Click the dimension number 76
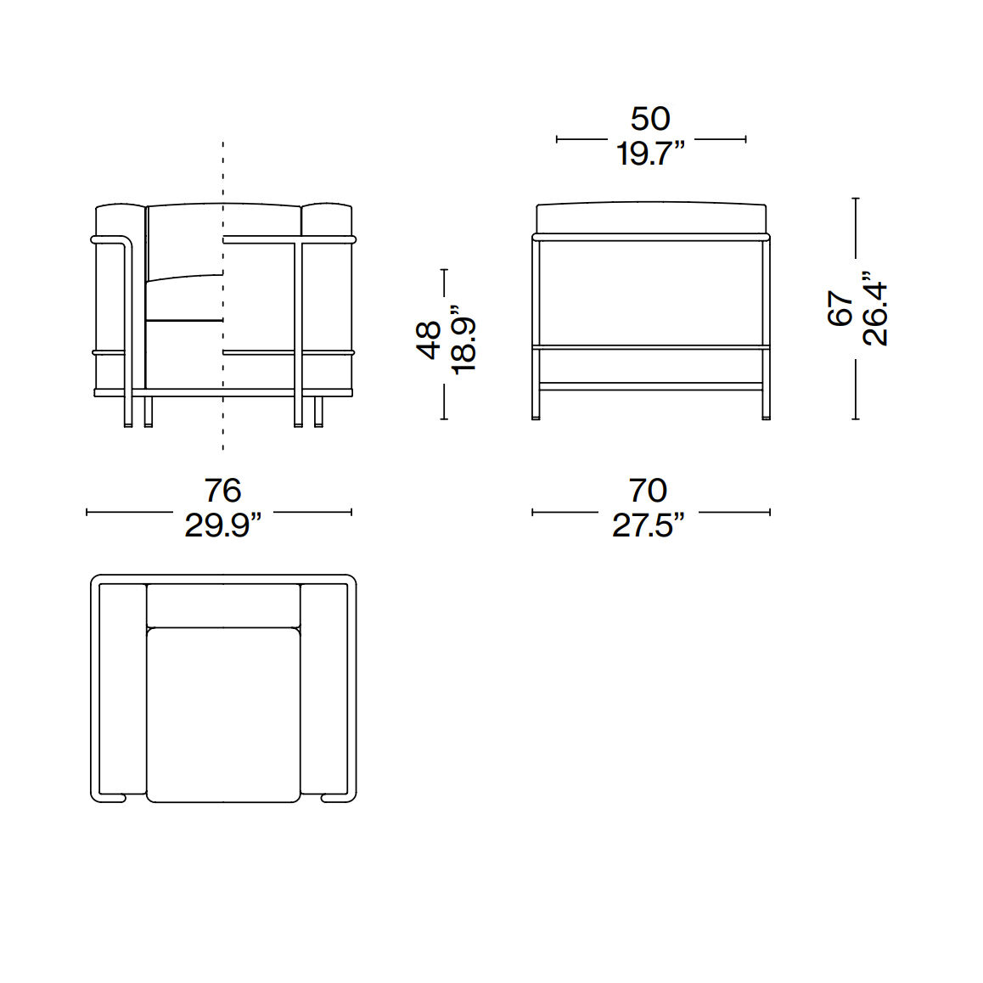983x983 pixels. [222, 491]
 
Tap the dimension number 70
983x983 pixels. [649, 491]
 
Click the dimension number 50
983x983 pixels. [650, 119]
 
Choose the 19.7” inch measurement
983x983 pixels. [650, 154]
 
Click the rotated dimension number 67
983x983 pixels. [840, 308]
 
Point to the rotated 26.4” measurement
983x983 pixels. [875, 308]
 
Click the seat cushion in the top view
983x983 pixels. [223, 714]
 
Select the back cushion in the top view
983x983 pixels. [223, 604]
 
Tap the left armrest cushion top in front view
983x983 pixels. [118, 219]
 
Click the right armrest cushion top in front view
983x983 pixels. [327, 219]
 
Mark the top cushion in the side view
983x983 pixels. [651, 217]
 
